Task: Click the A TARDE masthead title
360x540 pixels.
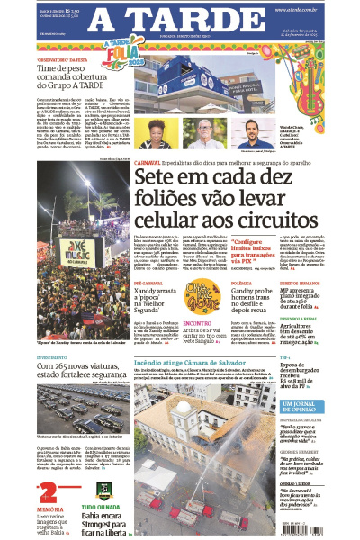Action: pyautogui.click(x=180, y=19)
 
